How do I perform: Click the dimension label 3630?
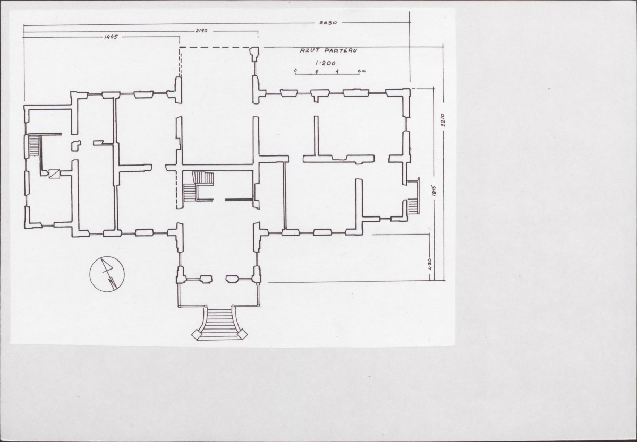(x=328, y=23)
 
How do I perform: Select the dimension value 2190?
(x=201, y=30)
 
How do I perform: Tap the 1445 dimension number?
(x=111, y=37)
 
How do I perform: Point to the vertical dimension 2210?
(x=443, y=120)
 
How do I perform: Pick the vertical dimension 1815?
(x=434, y=191)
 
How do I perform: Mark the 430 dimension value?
(x=430, y=264)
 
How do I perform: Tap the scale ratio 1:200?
(x=325, y=63)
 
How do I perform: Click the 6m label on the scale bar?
(x=362, y=71)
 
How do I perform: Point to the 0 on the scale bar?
(x=295, y=71)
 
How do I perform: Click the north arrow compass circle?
(x=107, y=274)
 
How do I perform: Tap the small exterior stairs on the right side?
(x=413, y=206)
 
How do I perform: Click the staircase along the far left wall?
(x=33, y=145)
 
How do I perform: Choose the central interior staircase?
(x=198, y=186)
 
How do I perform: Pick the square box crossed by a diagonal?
(x=54, y=174)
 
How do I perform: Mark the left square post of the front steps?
(x=197, y=335)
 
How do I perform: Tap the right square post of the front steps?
(x=242, y=334)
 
